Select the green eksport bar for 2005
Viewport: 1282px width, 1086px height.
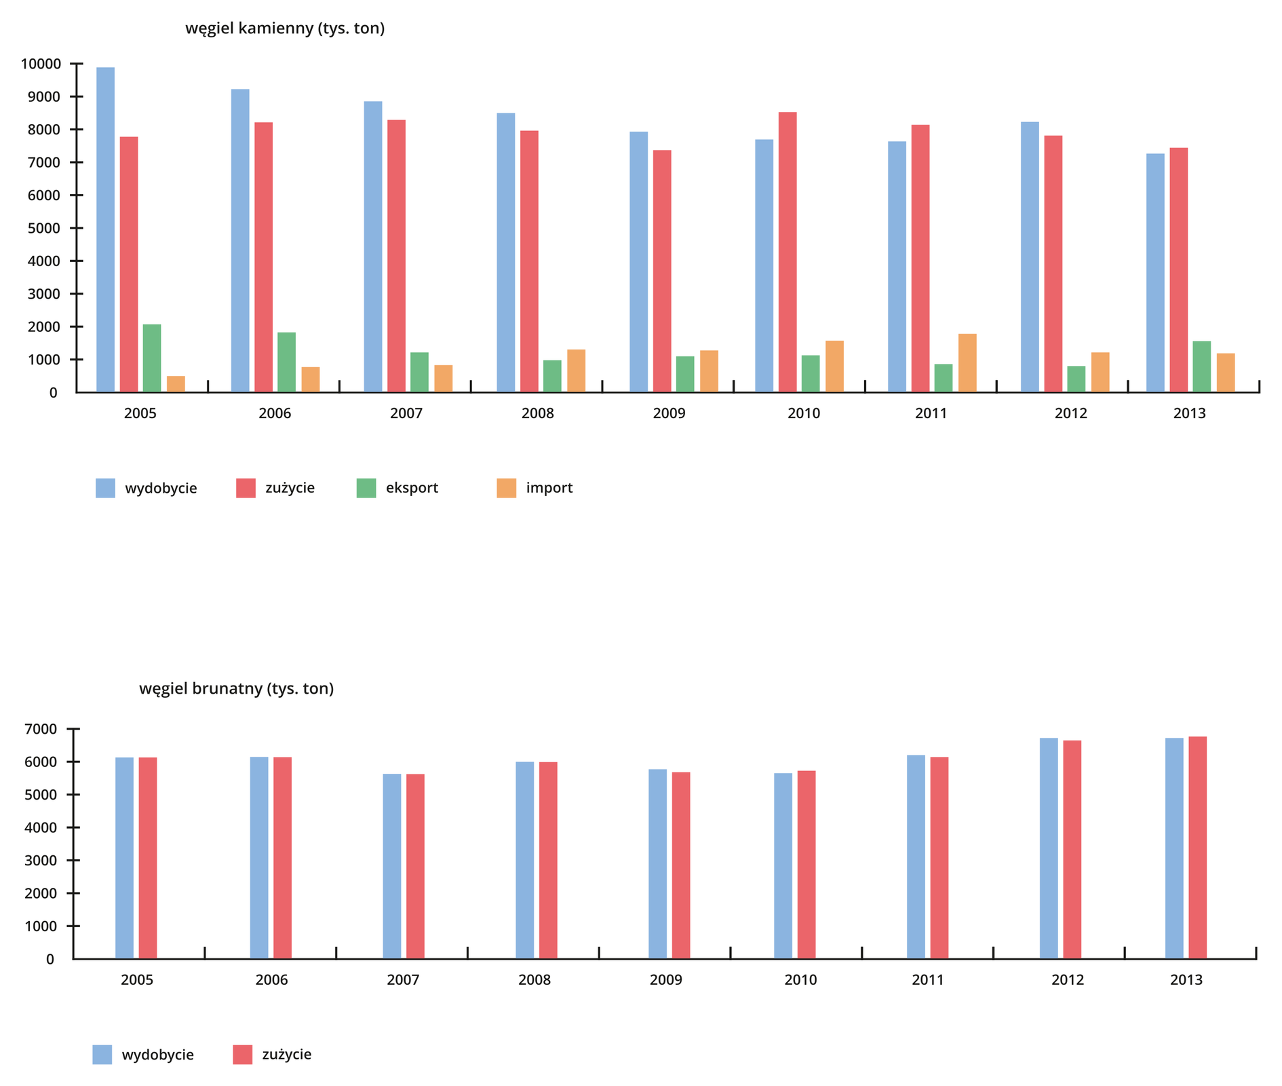152,358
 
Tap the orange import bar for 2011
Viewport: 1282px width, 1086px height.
967,363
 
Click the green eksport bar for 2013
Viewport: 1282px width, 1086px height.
1201,367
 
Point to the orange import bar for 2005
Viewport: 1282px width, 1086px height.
176,384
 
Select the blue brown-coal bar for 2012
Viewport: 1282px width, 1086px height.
1049,848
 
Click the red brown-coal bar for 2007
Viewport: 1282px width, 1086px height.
415,866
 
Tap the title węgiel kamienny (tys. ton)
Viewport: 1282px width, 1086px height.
285,29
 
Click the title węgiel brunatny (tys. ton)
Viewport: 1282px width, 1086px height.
236,689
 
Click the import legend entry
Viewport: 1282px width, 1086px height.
535,488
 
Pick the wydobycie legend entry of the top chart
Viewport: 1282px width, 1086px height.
147,488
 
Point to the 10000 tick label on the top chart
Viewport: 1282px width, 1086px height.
41,64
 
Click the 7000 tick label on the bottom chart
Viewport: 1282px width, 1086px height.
41,730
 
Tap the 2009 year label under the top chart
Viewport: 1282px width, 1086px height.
669,413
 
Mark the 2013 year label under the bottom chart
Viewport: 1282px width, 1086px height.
1186,980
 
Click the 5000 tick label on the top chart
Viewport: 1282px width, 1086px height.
45,229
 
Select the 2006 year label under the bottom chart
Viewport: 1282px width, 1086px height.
271,980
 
